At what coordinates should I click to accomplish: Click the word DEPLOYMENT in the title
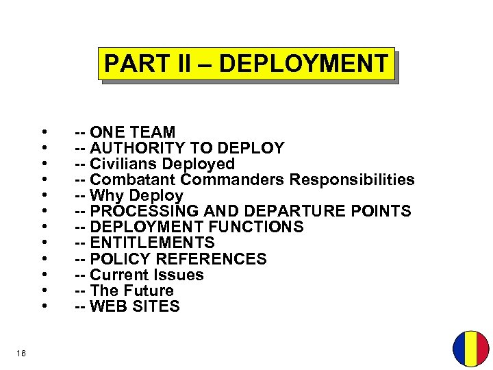pyautogui.click(x=303, y=64)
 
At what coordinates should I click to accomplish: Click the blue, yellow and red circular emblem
pyautogui.click(x=470, y=349)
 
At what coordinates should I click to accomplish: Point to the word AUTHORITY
pyautogui.click(x=136, y=148)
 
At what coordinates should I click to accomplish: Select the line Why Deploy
pyautogui.click(x=129, y=195)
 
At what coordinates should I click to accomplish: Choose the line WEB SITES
pyautogui.click(x=127, y=306)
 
